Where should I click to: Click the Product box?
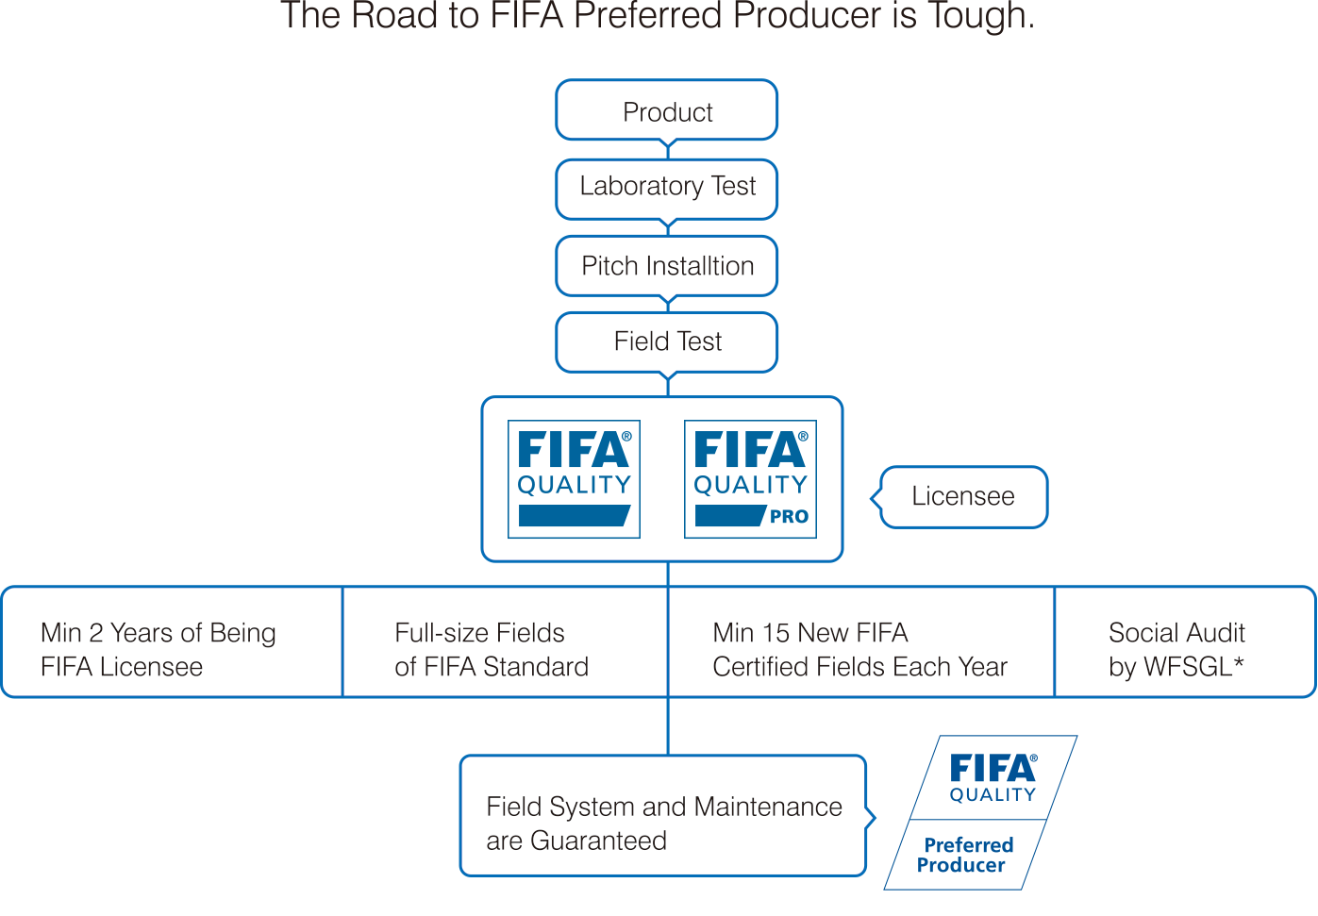tap(667, 111)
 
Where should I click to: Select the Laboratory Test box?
tap(667, 187)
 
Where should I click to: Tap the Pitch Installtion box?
tap(667, 266)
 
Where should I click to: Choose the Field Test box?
tap(667, 341)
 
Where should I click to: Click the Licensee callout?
tap(963, 496)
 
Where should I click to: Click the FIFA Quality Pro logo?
tap(750, 479)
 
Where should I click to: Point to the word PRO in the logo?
tap(789, 517)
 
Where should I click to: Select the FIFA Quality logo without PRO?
tap(574, 479)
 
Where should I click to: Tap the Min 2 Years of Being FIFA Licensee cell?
tap(158, 649)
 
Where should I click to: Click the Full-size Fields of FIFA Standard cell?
tap(492, 649)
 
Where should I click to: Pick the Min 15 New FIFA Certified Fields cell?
tap(859, 649)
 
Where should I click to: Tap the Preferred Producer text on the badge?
tap(965, 855)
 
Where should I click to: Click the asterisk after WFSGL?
tap(1239, 664)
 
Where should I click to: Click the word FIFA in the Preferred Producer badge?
tap(993, 769)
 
